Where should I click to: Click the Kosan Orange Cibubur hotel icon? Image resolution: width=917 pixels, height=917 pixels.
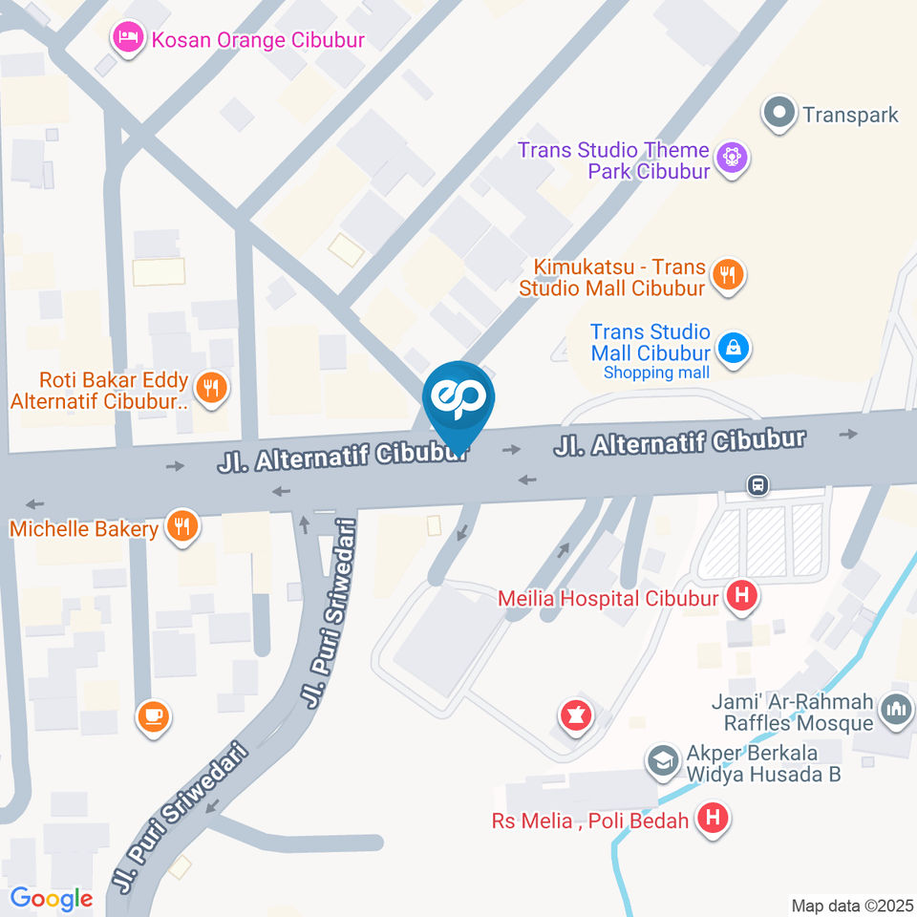(125, 38)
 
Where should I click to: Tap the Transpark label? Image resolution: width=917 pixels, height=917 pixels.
(850, 115)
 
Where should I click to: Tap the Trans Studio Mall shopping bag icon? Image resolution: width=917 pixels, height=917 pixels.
(733, 348)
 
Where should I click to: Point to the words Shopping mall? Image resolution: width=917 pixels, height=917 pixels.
(656, 373)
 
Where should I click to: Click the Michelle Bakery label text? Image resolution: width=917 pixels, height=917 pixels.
(84, 528)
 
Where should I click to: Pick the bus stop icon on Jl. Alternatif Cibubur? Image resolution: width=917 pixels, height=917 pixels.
(757, 485)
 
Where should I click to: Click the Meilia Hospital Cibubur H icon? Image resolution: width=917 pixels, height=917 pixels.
(741, 598)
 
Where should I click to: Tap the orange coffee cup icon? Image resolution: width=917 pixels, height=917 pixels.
(153, 716)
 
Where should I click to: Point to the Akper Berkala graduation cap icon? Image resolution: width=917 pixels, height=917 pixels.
(659, 761)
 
